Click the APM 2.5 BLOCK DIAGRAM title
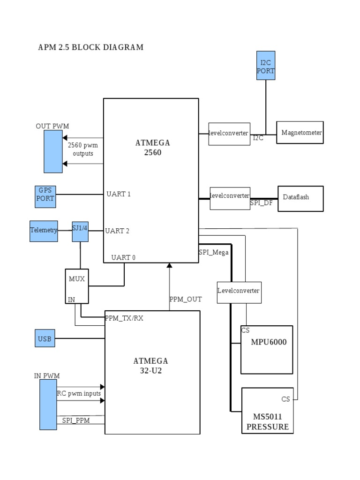pyautogui.click(x=90, y=47)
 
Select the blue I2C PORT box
pyautogui.click(x=266, y=66)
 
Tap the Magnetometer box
pyautogui.click(x=300, y=133)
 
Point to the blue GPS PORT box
pyautogui.click(x=45, y=195)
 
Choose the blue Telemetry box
pyautogui.click(x=44, y=231)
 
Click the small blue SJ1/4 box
pyautogui.click(x=80, y=231)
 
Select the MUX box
pyautogui.click(x=76, y=286)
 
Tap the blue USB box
pyautogui.click(x=45, y=338)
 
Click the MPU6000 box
pyautogui.click(x=267, y=350)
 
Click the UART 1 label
pyautogui.click(x=119, y=194)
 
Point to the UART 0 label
pyautogui.click(x=124, y=257)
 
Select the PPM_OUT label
pyautogui.click(x=185, y=299)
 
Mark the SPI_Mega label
pyautogui.click(x=214, y=253)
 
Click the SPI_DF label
pyautogui.click(x=261, y=203)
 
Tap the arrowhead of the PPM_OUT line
pyautogui.click(x=169, y=266)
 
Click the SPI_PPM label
pyautogui.click(x=75, y=420)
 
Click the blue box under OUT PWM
pyautogui.click(x=53, y=151)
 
